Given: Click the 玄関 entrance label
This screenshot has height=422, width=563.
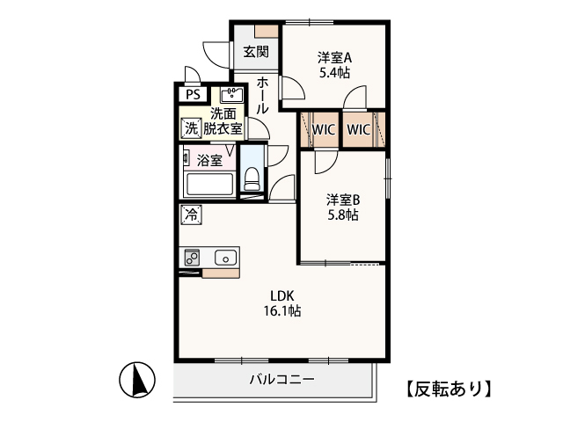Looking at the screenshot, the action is (x=256, y=52).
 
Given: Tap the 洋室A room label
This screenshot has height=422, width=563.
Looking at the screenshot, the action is (x=334, y=57).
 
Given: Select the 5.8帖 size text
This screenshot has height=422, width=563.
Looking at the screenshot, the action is (x=342, y=215).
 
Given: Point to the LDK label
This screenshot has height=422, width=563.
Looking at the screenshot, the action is (x=282, y=296).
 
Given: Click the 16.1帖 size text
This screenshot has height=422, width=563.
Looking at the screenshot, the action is (x=282, y=310).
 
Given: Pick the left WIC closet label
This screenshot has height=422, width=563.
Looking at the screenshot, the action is (x=324, y=129).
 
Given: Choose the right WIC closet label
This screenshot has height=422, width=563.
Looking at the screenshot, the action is (x=358, y=129).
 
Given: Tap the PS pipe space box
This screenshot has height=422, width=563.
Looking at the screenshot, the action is (x=194, y=94).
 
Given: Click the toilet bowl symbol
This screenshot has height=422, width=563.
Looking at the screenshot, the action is (x=252, y=178).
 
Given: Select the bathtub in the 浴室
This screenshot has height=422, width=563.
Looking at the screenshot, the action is (x=209, y=185).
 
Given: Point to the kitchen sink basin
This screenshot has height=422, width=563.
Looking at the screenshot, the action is (x=226, y=258).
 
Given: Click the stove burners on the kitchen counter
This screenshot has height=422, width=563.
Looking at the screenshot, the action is (x=192, y=258).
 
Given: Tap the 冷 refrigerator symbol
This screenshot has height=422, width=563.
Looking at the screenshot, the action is (x=191, y=215).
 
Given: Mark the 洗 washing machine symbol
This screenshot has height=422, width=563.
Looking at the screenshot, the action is (x=191, y=128).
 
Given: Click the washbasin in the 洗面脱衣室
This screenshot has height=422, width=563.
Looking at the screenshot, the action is (x=231, y=95).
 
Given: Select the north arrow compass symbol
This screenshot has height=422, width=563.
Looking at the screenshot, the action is (x=137, y=380).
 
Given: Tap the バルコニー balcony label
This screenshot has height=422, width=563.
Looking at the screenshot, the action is (x=282, y=379).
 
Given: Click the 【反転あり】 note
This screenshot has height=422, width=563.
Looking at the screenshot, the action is (x=449, y=389).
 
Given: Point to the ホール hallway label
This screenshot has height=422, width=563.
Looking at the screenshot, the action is (x=262, y=96).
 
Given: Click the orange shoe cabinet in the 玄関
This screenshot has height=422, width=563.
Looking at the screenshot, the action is (x=267, y=31).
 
